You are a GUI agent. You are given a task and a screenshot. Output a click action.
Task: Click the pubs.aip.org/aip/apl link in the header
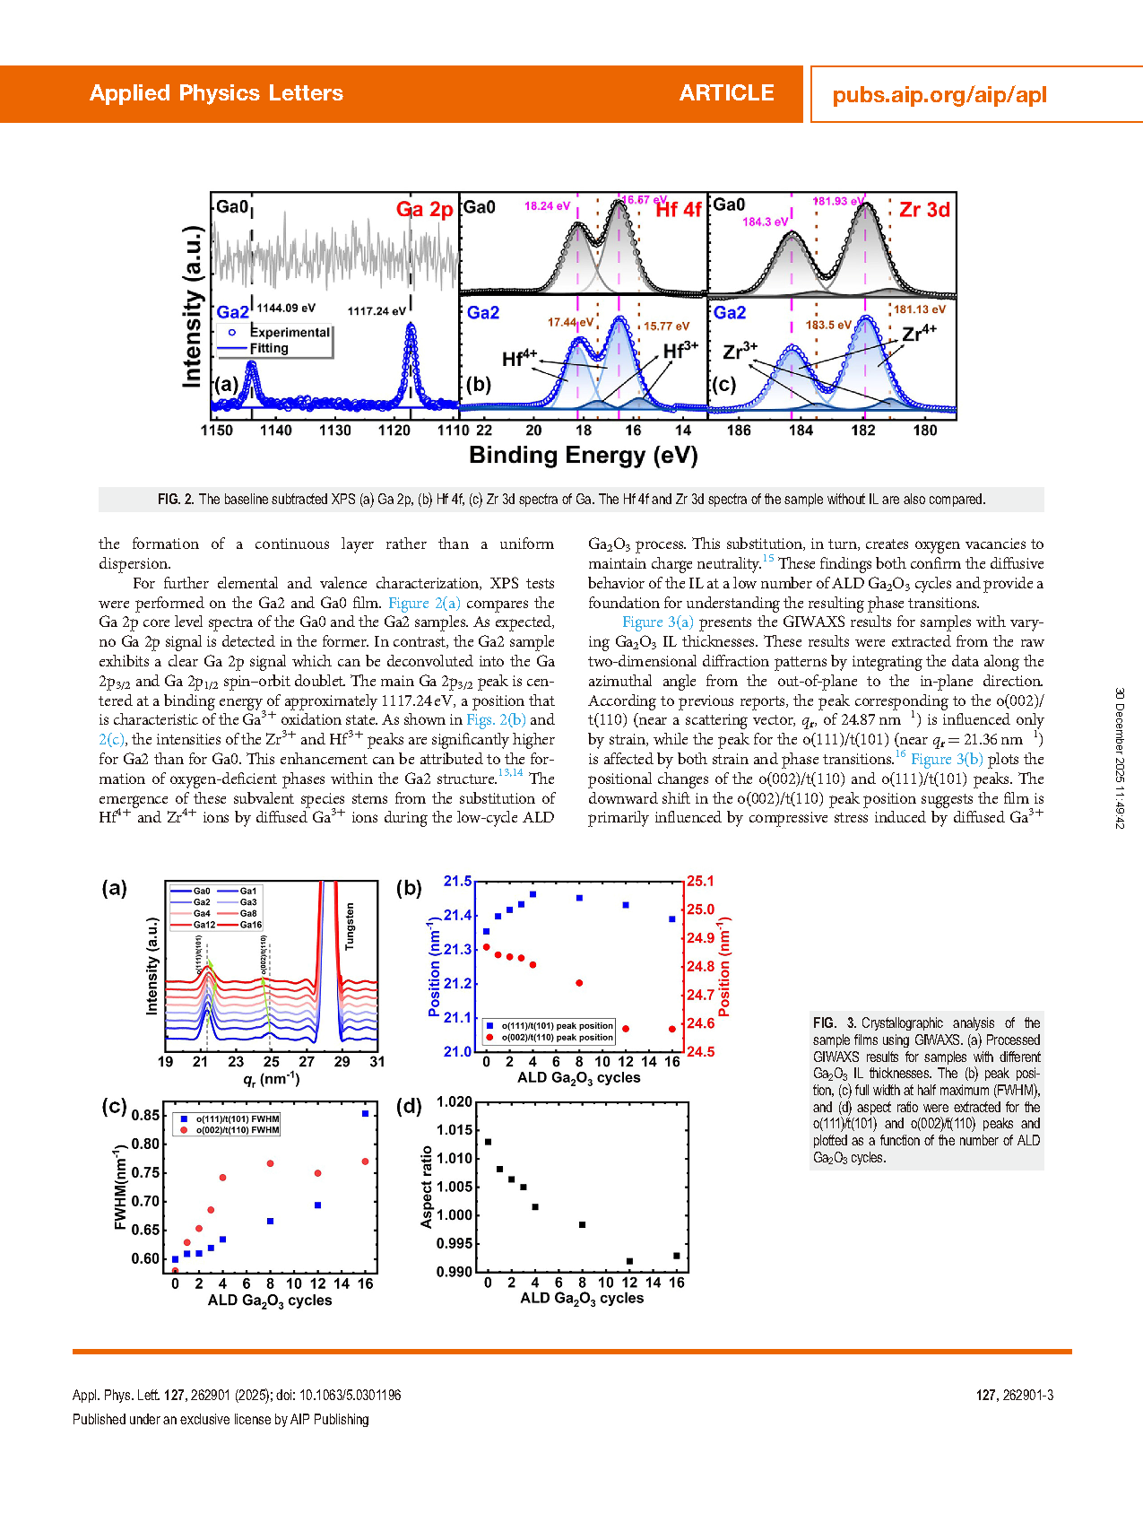click(x=939, y=95)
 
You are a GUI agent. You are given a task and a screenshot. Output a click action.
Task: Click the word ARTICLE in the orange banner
click(x=726, y=93)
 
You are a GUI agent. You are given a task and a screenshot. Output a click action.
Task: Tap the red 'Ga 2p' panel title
click(x=424, y=210)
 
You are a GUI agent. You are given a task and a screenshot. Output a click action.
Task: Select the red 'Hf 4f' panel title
click(x=678, y=210)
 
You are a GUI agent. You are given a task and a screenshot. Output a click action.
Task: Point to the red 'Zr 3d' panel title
click(x=924, y=210)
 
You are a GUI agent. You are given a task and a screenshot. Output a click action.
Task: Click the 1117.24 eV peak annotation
click(x=377, y=311)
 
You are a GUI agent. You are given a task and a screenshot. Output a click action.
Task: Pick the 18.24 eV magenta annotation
click(x=547, y=206)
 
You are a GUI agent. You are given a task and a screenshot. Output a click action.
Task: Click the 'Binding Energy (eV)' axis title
click(x=583, y=456)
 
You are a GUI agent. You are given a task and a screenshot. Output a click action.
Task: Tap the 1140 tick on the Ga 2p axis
click(x=276, y=431)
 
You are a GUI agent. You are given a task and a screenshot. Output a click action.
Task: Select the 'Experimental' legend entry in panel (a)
click(x=290, y=333)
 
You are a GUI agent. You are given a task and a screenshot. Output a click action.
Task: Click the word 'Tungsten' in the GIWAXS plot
click(x=350, y=927)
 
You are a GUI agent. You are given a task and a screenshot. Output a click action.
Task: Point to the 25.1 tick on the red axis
click(x=700, y=881)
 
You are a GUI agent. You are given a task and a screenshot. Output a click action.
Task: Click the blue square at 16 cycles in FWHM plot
click(x=365, y=1114)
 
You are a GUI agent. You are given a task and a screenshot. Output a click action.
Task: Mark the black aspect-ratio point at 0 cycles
click(x=488, y=1142)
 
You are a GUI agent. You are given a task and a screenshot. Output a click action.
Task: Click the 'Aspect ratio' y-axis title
click(x=427, y=1187)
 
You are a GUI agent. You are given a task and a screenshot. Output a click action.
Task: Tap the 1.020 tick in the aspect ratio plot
click(x=455, y=1101)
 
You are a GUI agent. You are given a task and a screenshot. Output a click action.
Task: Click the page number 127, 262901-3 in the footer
click(x=1014, y=1396)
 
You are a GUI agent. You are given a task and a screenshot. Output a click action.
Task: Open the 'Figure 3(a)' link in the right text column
click(x=657, y=622)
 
